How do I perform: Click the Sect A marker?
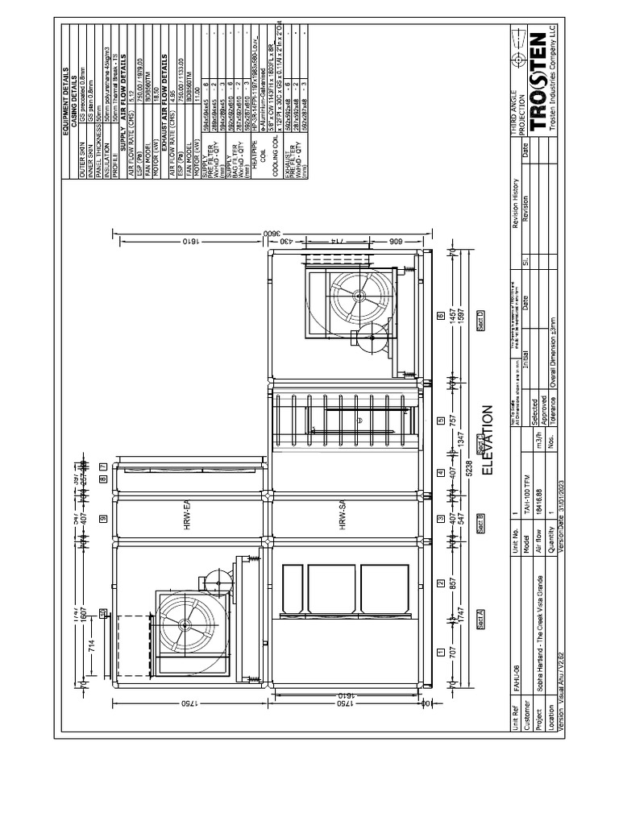pos(480,618)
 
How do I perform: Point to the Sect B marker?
pos(480,524)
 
